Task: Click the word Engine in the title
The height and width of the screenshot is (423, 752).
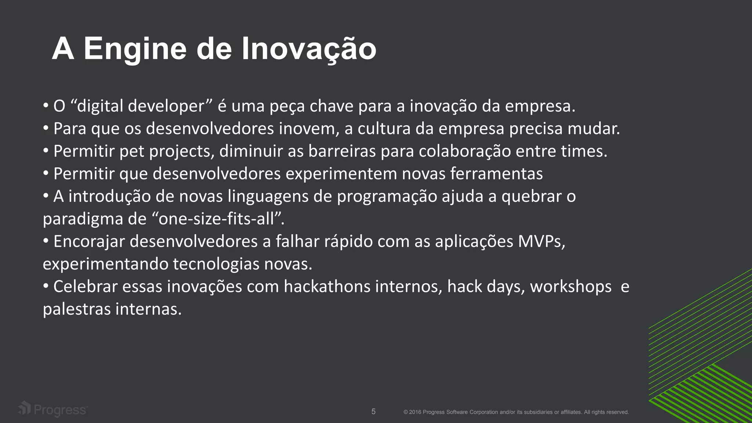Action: coord(135,49)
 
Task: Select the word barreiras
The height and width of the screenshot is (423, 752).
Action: coord(342,151)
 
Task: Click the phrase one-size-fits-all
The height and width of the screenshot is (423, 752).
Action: coord(216,219)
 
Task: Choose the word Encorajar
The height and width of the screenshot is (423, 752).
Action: coord(89,242)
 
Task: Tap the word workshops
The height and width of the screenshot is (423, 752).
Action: coord(571,287)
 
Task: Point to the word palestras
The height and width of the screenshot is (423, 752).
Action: coord(77,309)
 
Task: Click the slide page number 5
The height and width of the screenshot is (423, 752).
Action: coord(373,412)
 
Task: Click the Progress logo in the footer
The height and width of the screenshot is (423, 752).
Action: coord(53,409)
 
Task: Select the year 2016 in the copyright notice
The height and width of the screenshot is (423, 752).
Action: coord(415,412)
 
